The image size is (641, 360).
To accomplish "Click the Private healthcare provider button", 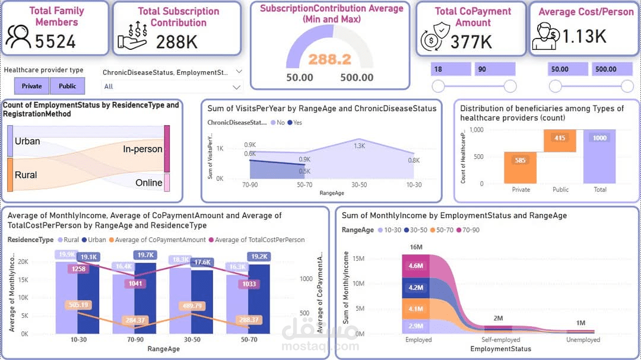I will point(32,86).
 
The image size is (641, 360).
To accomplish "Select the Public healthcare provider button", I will point(67,86).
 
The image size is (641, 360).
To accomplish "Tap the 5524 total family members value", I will point(55,41).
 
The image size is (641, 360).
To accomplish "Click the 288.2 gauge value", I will point(329,59).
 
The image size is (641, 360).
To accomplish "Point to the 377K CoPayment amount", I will point(471,42).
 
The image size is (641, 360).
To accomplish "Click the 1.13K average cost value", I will point(584,37).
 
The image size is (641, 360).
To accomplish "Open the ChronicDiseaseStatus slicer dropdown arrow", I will point(239,72).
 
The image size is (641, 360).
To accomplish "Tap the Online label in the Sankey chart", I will point(148,183).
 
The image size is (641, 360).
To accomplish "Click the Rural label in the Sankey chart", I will point(26,175).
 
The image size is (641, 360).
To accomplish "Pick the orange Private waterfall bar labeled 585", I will point(521,167).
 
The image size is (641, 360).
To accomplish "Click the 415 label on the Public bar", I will point(560,138).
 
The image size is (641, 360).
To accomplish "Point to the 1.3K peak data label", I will point(360,146).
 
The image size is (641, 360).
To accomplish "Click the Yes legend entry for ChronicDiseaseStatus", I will point(294,123).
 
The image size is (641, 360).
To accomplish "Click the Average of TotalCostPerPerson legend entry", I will point(259,240).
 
